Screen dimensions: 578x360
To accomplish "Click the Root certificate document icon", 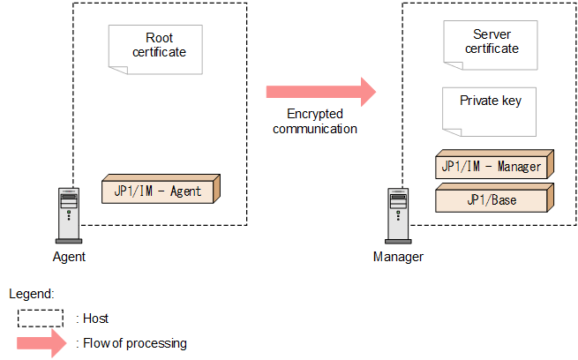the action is coord(155,49).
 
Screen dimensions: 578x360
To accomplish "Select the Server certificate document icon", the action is coord(491,45).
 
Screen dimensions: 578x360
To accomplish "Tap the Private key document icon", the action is coord(489,112).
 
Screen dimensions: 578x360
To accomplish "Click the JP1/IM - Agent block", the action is coord(161,189).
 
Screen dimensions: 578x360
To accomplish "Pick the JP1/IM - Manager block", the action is coord(495,164).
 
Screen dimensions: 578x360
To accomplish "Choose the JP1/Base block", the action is coord(495,198).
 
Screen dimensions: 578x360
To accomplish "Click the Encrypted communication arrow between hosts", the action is coord(321,92).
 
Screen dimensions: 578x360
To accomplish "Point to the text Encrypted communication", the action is coord(315,121).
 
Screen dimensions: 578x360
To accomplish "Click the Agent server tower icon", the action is coord(69,215).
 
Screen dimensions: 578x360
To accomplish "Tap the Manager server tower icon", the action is coord(398,215).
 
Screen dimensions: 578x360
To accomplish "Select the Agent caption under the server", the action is coord(69,257).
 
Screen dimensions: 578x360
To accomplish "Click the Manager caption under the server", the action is coord(398,257).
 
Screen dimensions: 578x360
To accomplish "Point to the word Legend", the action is coord(32,294).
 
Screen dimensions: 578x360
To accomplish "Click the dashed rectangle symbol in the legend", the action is coord(41,319).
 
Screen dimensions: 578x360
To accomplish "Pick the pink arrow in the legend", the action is coord(41,343).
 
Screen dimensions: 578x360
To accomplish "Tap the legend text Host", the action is coord(96,319).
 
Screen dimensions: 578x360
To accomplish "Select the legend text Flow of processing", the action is coord(135,343).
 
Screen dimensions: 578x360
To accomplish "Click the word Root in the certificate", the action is coord(159,38).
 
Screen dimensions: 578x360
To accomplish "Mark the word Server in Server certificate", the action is coord(492,34).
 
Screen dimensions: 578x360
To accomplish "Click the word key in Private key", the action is coord(512,101).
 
